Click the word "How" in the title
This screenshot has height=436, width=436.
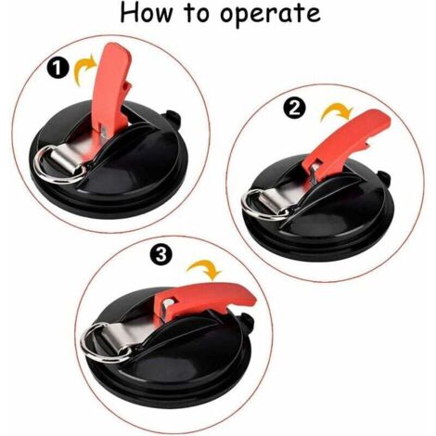[x=146, y=13]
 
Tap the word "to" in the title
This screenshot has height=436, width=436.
[x=197, y=14]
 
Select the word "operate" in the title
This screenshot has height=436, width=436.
[x=270, y=16]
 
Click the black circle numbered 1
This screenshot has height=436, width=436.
[x=58, y=68]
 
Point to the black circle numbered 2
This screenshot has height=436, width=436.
[x=294, y=108]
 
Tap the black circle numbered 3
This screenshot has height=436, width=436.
[x=161, y=255]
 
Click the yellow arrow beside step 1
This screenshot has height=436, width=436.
[x=84, y=70]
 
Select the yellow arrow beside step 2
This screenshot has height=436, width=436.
[x=337, y=113]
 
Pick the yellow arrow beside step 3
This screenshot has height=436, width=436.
[x=205, y=268]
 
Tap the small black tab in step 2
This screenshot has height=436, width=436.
[x=384, y=178]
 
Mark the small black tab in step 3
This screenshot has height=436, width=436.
[x=247, y=322]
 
